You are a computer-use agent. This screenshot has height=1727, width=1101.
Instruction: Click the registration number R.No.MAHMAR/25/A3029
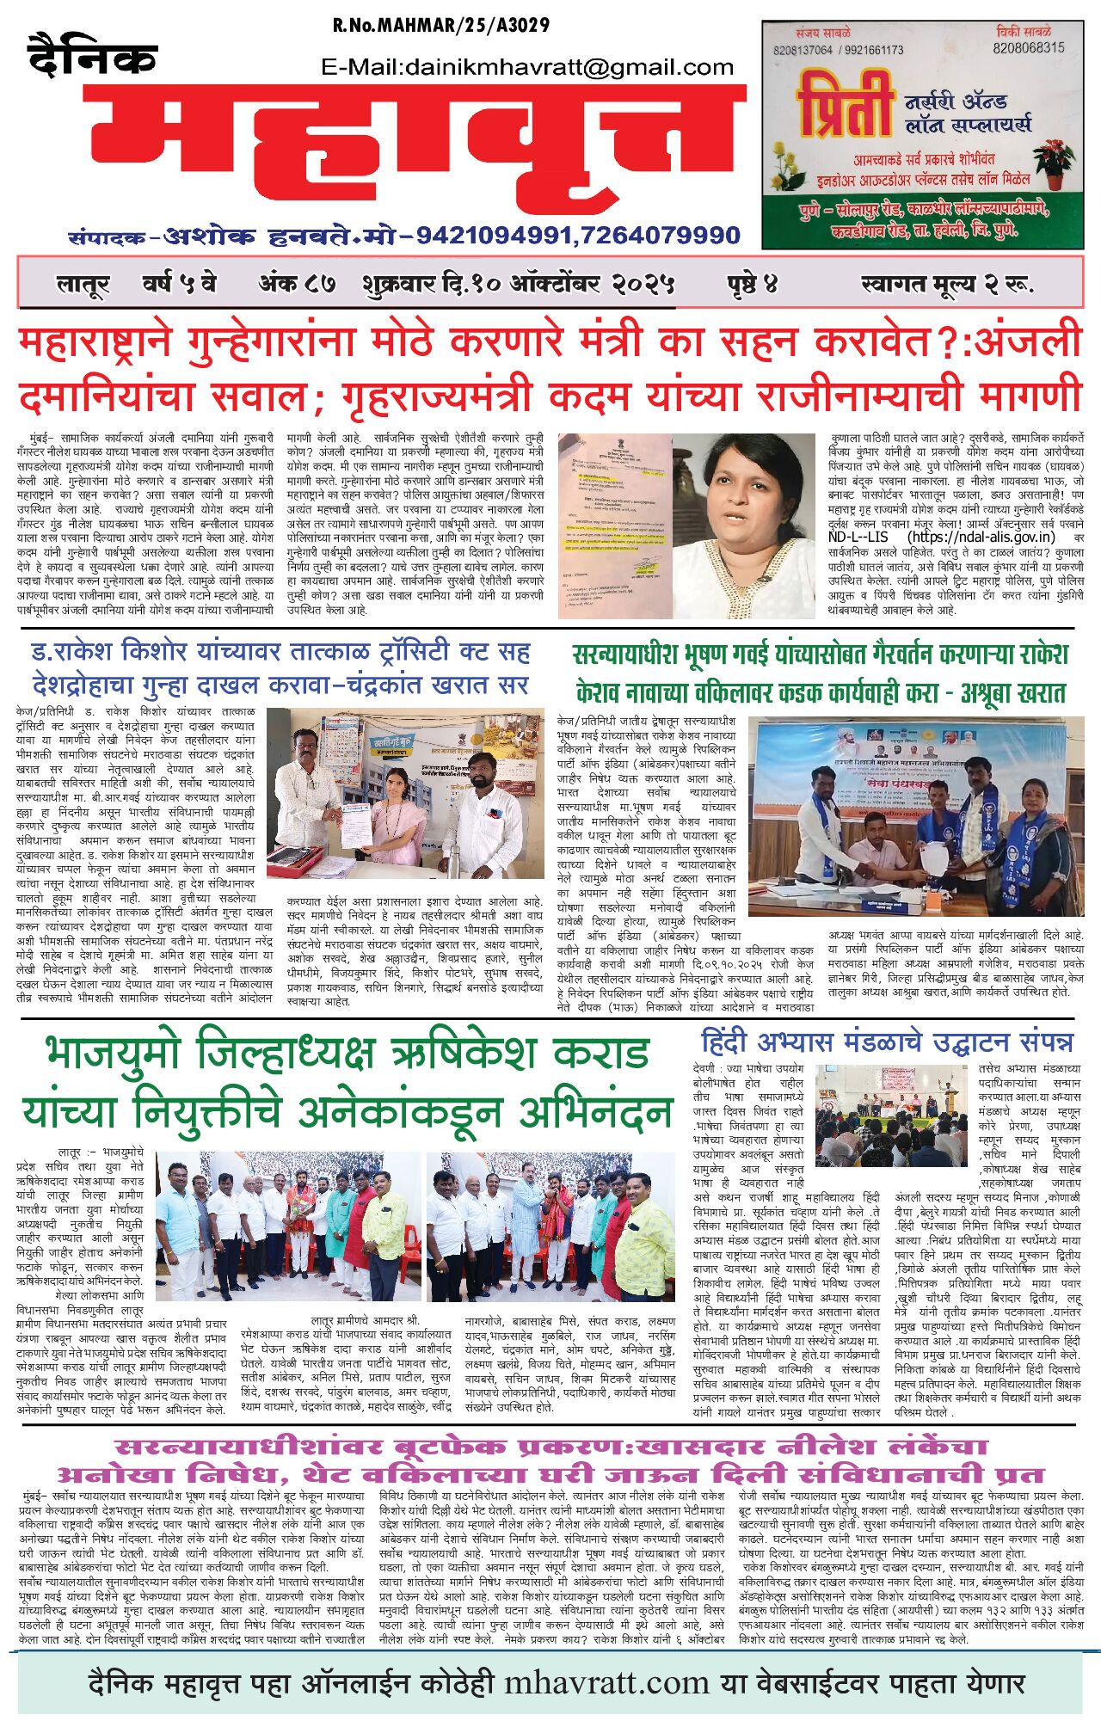click(440, 25)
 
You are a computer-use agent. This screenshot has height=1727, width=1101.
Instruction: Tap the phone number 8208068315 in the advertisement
click(1028, 48)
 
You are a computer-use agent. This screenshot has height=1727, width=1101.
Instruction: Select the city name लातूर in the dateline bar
click(83, 284)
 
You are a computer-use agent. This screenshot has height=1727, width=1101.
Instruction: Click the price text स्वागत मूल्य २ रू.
click(946, 284)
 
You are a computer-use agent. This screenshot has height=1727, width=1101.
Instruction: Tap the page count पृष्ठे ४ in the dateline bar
click(752, 284)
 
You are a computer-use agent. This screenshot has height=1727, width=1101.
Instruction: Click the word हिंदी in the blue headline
click(732, 1042)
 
